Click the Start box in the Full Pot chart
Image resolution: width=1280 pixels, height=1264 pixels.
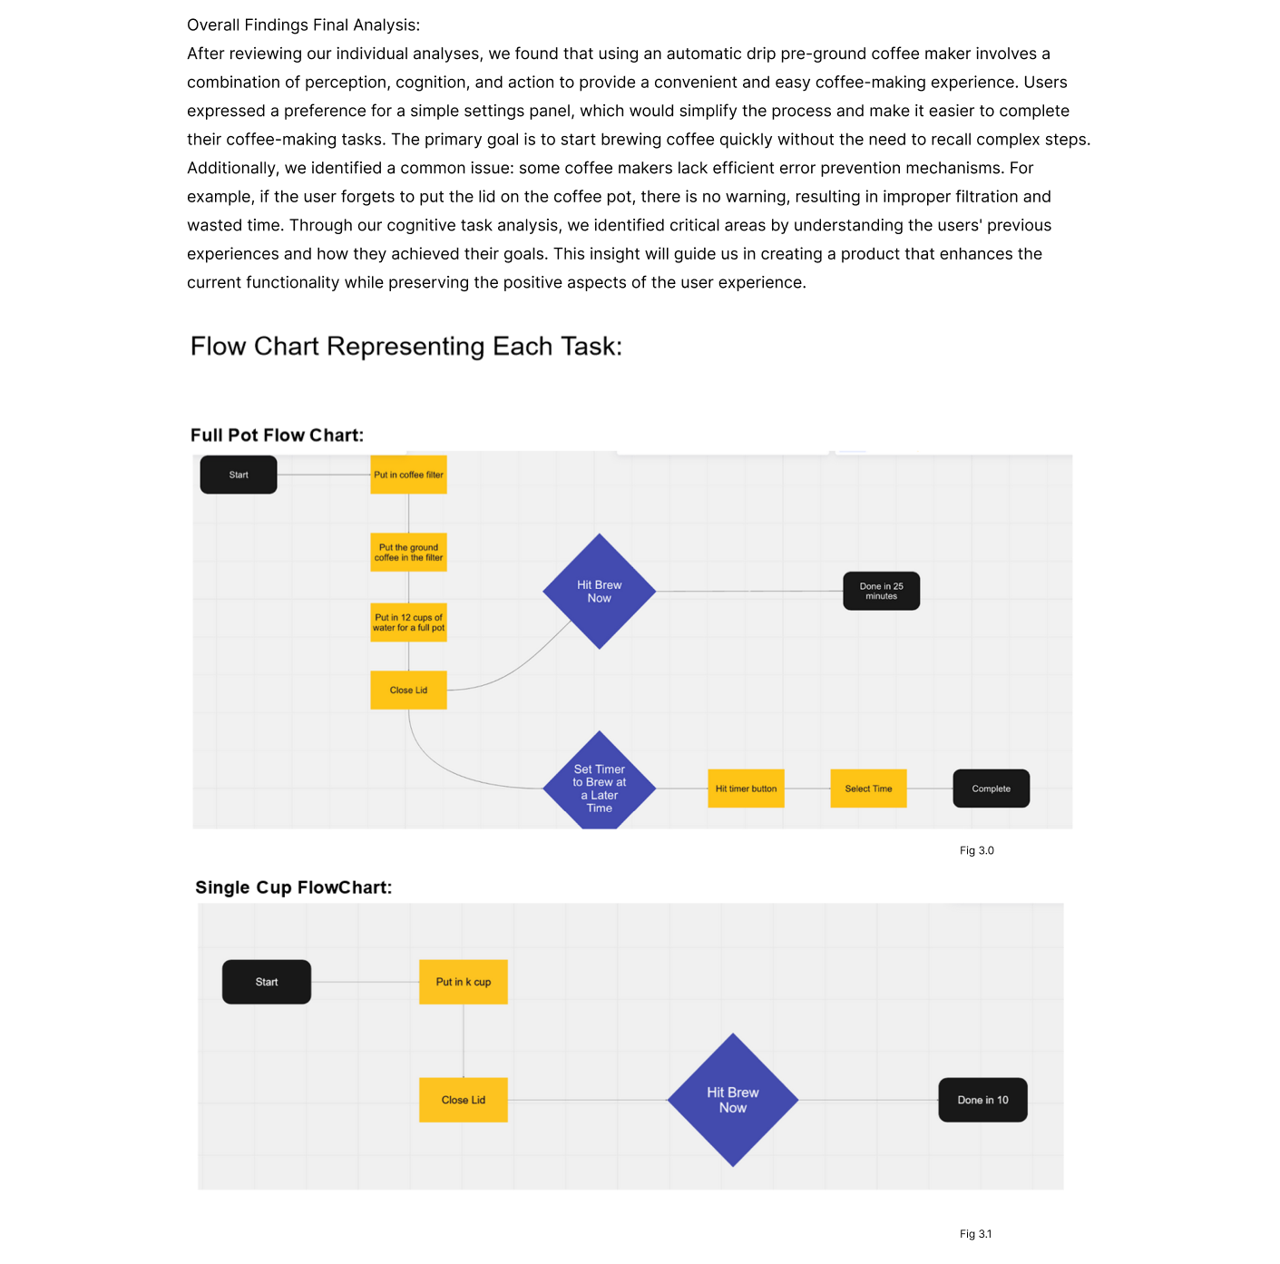[239, 475]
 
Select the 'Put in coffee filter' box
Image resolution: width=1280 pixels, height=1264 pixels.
[408, 475]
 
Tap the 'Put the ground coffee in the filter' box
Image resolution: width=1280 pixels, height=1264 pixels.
[408, 553]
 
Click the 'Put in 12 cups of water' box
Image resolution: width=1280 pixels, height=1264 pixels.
[408, 622]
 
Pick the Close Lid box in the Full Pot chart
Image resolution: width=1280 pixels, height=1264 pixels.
[408, 690]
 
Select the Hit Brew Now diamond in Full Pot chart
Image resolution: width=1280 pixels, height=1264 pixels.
[599, 592]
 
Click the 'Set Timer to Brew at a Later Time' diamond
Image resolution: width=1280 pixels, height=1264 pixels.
[599, 784]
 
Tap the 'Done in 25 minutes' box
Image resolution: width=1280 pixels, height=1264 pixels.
[882, 591]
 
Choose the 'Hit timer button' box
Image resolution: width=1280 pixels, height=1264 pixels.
[746, 789]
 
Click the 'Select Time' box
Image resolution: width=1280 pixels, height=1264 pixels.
[868, 789]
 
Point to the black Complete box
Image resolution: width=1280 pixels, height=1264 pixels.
[991, 789]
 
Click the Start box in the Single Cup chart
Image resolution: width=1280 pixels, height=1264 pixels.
[267, 982]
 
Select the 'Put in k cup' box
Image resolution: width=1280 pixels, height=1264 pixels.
[464, 982]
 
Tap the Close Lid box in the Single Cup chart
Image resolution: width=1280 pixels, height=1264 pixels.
[464, 1100]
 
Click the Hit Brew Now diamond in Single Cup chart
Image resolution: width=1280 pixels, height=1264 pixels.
[733, 1100]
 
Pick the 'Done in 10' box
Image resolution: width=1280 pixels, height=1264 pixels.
[983, 1100]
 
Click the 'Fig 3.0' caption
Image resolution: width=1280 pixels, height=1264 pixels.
[976, 850]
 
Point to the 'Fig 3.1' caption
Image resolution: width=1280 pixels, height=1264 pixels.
[975, 1234]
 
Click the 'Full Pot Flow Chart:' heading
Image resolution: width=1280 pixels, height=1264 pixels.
[277, 436]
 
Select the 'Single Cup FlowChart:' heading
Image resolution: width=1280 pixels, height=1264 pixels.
[294, 887]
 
